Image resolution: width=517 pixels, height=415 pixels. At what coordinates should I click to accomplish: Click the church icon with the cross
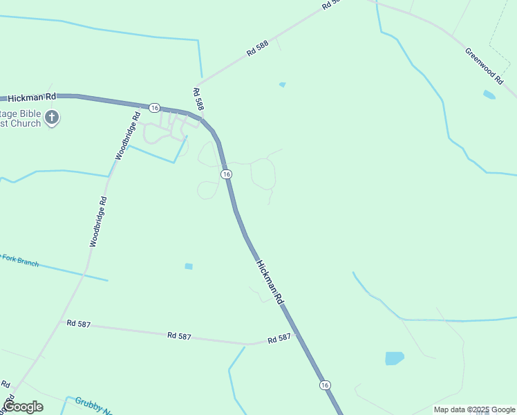[52, 118]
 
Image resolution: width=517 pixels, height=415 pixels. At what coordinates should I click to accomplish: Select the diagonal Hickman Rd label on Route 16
[270, 282]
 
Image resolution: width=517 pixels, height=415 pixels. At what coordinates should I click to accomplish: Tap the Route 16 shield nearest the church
[154, 108]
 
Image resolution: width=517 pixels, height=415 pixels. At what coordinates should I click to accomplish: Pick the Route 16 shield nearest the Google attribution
[325, 385]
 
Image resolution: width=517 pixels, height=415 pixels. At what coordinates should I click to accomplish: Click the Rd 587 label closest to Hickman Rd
[280, 338]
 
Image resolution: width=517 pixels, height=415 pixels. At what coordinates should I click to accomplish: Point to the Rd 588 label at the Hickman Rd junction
[198, 99]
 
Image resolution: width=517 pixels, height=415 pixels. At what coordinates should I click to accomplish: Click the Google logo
[23, 407]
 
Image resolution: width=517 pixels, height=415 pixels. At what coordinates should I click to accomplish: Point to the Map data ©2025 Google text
[474, 409]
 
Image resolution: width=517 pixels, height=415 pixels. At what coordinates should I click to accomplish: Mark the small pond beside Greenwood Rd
[489, 95]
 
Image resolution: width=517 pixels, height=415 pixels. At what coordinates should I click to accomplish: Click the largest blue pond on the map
[394, 358]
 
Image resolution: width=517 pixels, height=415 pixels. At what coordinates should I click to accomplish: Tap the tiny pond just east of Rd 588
[282, 84]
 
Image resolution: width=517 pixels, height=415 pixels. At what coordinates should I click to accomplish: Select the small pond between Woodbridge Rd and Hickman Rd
[189, 266]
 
